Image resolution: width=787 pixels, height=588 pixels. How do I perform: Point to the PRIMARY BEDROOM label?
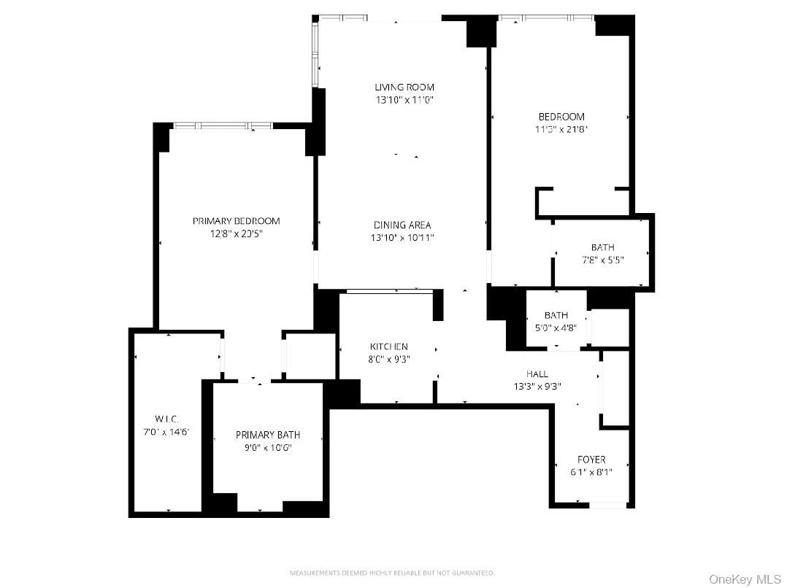point(236,221)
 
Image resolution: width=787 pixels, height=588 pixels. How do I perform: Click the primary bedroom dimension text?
point(236,234)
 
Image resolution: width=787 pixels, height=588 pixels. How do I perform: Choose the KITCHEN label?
point(388,347)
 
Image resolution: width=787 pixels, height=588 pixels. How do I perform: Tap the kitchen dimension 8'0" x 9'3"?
point(388,359)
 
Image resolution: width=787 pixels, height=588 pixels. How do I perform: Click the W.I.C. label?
point(166,419)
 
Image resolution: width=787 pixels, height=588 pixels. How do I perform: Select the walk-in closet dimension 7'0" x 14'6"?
point(166,431)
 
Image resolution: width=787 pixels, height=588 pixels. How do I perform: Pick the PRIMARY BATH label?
point(268,435)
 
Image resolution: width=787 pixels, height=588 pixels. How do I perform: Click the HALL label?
point(537,374)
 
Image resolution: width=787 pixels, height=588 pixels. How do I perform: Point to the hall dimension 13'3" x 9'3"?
point(537,387)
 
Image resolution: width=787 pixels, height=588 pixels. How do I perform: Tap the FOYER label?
point(591,460)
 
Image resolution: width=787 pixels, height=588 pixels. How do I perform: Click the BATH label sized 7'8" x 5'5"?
point(602,247)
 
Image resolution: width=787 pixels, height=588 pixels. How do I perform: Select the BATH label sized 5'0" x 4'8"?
point(556,315)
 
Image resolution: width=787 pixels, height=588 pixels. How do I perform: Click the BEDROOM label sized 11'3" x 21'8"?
point(561,117)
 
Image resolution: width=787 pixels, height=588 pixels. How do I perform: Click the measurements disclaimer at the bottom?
point(393,573)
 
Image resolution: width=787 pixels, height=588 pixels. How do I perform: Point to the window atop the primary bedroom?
point(222,126)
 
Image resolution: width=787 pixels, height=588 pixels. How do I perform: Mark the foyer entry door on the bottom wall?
point(607,504)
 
